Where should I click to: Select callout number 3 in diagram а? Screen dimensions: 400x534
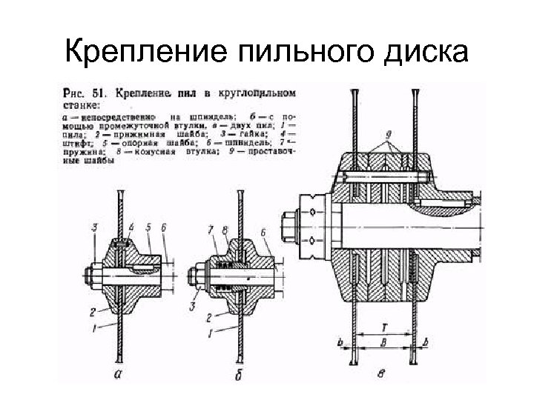pyautogui.click(x=94, y=226)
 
